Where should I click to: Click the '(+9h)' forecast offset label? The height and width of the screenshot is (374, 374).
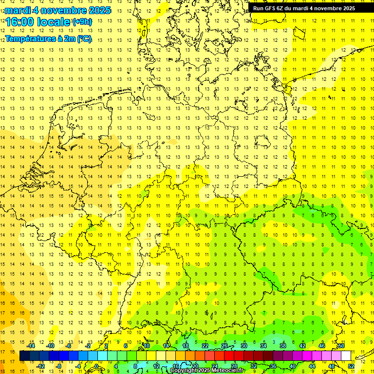[81, 21]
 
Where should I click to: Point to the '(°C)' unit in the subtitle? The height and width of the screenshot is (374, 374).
[83, 38]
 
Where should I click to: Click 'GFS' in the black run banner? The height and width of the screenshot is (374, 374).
[271, 8]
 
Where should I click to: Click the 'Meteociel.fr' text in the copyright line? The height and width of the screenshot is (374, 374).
[228, 371]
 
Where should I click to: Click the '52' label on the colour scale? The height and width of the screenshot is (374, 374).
[351, 366]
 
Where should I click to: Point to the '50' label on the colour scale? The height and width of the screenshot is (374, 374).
[341, 346]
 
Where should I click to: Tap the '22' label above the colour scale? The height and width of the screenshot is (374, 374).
[205, 346]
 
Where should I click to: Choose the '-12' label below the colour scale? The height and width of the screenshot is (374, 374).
[40, 366]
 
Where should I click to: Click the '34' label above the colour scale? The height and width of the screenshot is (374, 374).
[263, 346]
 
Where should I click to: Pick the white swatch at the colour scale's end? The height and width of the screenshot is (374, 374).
[346, 356]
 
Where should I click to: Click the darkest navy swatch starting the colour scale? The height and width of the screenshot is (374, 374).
[24, 356]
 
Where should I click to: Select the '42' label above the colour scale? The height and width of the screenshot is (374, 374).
[302, 346]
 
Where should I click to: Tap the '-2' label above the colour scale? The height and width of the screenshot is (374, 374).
[89, 346]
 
